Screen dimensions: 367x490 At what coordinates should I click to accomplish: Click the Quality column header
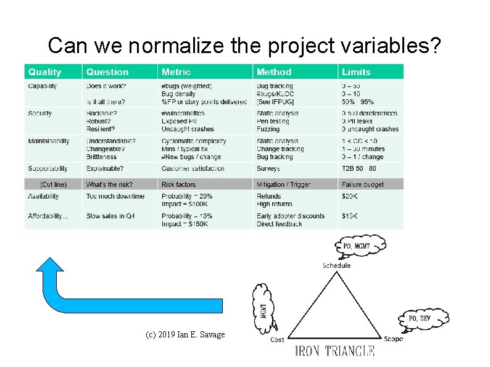tap(44, 72)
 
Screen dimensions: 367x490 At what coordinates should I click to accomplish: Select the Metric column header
tap(176, 72)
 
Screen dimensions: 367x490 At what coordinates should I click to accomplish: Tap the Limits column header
tap(356, 72)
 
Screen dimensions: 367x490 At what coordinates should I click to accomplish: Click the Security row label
tap(40, 113)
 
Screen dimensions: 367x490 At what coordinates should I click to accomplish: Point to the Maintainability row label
tap(49, 141)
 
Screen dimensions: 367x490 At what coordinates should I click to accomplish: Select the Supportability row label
tap(48, 168)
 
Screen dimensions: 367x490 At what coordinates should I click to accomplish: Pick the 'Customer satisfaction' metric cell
tap(193, 168)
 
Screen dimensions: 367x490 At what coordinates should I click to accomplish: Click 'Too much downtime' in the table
tap(115, 197)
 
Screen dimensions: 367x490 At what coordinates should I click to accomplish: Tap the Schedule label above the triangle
tap(336, 265)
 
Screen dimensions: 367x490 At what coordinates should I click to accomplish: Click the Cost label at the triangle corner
tap(278, 339)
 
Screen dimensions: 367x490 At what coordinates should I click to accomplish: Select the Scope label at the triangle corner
tap(393, 339)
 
